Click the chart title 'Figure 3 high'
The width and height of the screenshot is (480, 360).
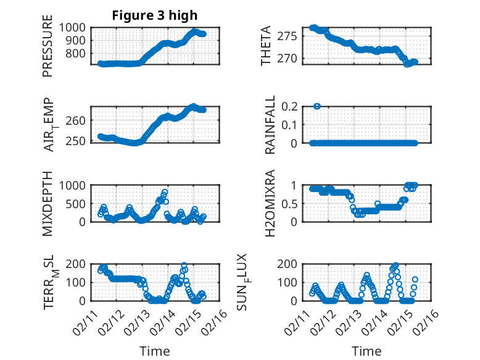click(x=154, y=15)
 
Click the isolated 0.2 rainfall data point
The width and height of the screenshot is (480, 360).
click(x=317, y=106)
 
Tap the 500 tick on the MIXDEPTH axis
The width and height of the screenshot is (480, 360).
click(x=78, y=203)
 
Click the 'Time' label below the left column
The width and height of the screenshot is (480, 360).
click(x=154, y=351)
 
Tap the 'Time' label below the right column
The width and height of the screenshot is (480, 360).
click(x=366, y=351)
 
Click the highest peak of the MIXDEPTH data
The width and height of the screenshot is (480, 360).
click(x=165, y=192)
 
